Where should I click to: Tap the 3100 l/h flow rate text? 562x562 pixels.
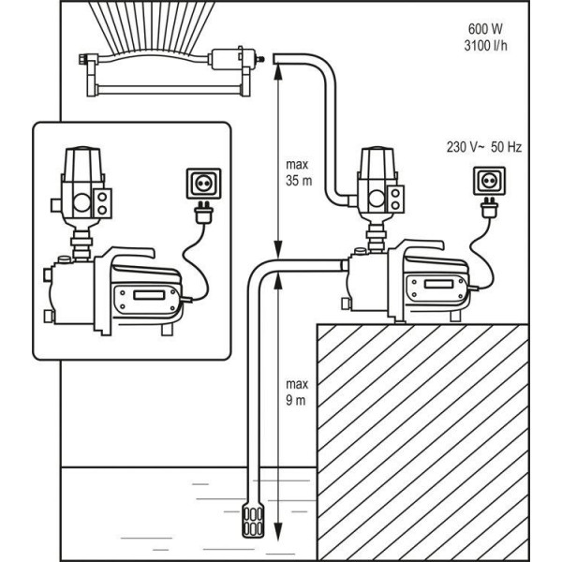(485, 46)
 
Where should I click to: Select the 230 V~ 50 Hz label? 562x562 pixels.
(484, 147)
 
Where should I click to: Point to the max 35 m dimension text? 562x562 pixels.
(299, 172)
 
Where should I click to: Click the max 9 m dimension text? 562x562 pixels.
(297, 392)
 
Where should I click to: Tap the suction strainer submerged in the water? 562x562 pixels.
(253, 519)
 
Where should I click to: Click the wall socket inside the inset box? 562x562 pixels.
(203, 184)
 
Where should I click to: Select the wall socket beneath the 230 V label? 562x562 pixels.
(489, 181)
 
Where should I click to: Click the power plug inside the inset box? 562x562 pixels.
(203, 213)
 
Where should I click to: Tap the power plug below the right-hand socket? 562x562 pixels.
(489, 208)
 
